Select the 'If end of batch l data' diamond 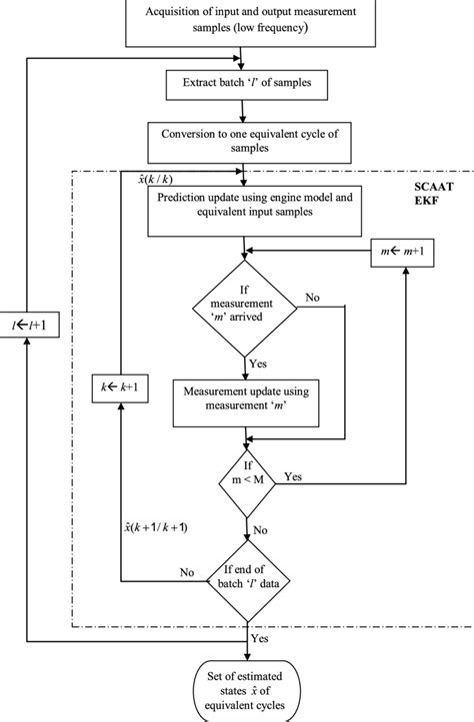point(245,573)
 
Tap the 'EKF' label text point(412,207)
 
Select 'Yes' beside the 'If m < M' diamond point(293,477)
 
